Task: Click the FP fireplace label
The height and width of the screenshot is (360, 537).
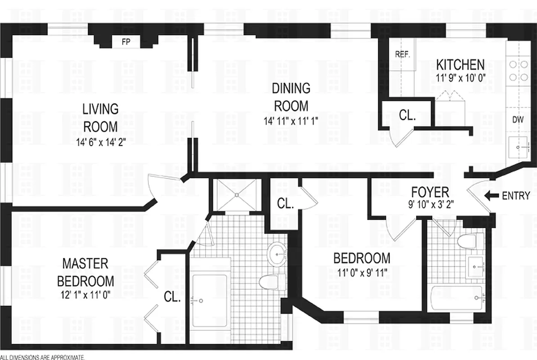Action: click(x=127, y=43)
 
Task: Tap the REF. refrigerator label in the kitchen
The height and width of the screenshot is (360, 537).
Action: click(x=403, y=54)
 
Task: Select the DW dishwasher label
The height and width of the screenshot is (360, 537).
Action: click(x=518, y=120)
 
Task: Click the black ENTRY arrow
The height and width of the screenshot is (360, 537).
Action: click(x=492, y=196)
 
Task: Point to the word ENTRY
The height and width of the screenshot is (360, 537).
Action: click(x=516, y=196)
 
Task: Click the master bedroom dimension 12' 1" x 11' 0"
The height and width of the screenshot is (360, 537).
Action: click(x=85, y=295)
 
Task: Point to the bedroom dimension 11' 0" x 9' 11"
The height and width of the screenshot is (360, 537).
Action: click(x=362, y=272)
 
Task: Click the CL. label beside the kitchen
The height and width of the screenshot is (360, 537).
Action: click(x=407, y=115)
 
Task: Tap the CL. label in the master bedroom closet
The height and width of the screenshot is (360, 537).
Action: click(x=172, y=297)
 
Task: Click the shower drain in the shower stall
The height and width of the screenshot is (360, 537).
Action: click(x=236, y=195)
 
